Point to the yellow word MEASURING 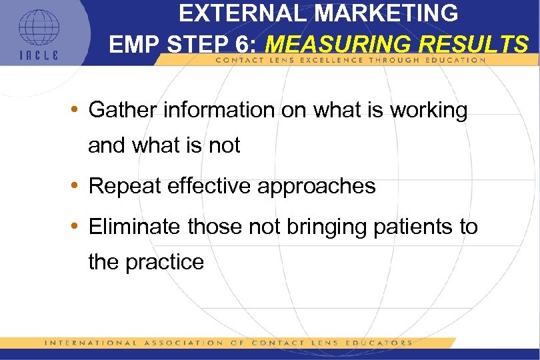pos(336,45)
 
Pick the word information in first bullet pos(218,110)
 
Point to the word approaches pos(321,187)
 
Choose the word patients pos(402,227)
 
